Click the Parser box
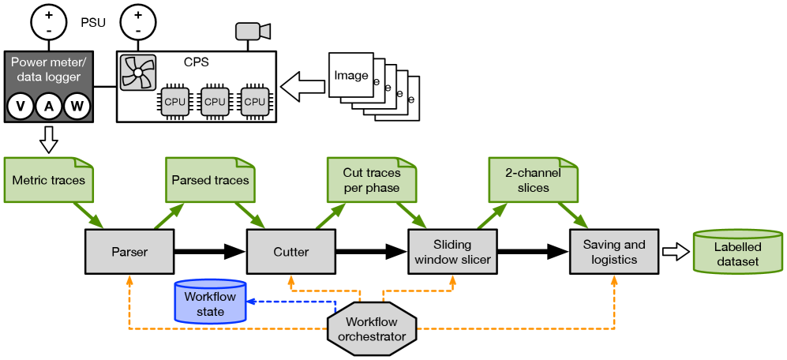129,252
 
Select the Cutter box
290,252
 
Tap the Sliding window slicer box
452,252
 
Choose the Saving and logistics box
613,252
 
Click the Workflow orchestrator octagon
372,329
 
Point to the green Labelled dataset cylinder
737,253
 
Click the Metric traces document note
49,180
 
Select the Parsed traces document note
210,180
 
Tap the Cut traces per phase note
372,180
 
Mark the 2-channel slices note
533,180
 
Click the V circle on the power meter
21,107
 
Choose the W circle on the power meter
77,107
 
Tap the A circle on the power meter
49,107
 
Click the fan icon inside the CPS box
137,73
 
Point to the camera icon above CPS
253,32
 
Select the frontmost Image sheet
350,76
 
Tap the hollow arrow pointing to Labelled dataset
675,252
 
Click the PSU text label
93,22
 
